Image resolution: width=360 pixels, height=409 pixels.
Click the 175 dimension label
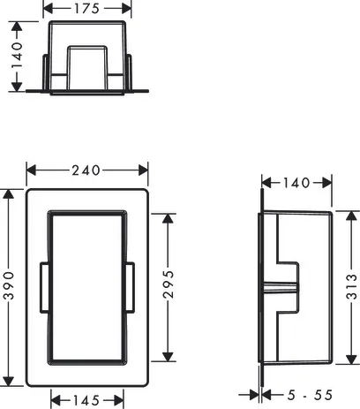[x=86, y=9]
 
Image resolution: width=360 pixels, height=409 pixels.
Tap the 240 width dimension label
[x=86, y=170]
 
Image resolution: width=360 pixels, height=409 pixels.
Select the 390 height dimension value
[x=9, y=285]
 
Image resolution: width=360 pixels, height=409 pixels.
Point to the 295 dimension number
[x=169, y=284]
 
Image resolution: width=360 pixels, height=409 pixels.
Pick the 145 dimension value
[x=86, y=400]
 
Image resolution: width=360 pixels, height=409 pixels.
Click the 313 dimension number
[x=351, y=286]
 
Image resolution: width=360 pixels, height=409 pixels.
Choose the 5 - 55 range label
[x=310, y=395]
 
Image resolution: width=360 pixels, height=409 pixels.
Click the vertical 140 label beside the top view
[x=17, y=55]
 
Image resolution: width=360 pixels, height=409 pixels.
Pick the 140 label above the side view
[x=296, y=183]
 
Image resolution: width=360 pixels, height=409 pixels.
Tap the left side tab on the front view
[x=45, y=287]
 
